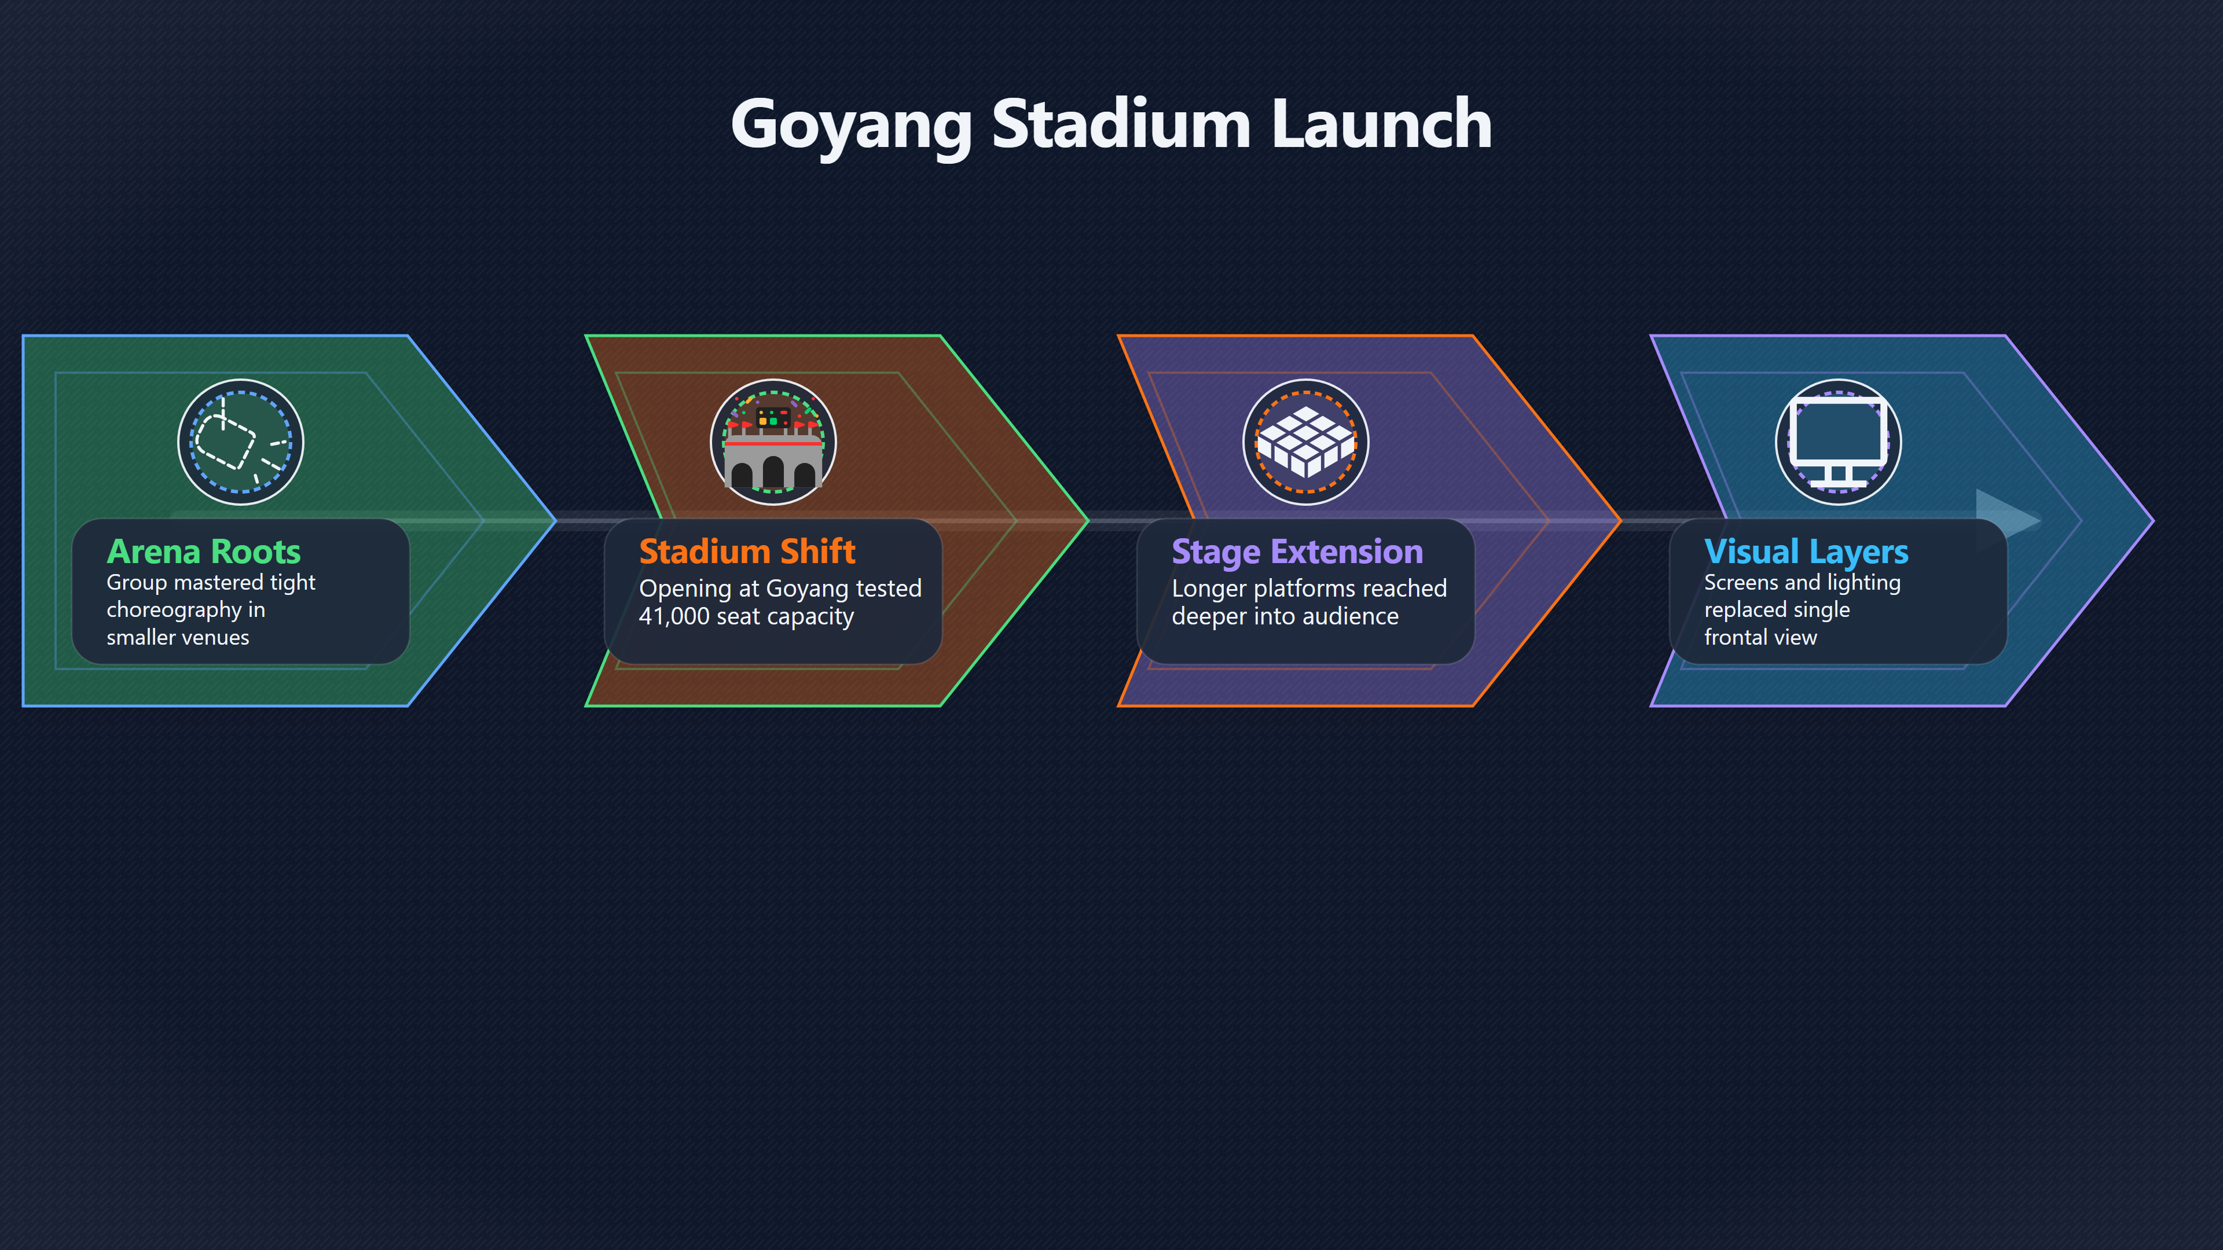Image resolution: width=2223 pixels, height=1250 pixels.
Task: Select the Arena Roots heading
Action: coord(204,552)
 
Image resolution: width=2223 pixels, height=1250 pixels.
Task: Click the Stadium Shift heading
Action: coord(747,552)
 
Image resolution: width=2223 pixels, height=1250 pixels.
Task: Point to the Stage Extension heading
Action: coord(1297,552)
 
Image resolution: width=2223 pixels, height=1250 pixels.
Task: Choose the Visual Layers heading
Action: coord(1806,552)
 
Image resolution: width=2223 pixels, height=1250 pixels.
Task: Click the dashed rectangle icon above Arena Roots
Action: coord(241,442)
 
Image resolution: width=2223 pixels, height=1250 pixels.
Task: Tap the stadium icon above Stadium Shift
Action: coord(773,442)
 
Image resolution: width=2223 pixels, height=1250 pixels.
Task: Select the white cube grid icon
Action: coord(1305,442)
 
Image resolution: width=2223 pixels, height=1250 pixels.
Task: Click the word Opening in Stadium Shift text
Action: coord(685,589)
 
